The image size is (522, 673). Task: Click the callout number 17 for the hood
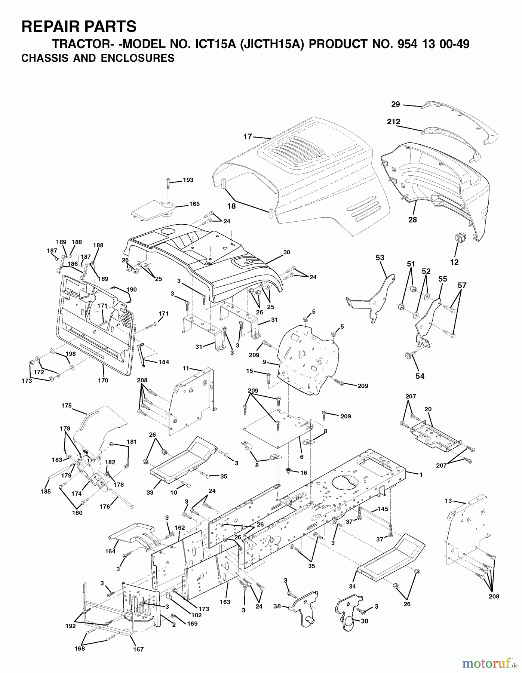coord(248,137)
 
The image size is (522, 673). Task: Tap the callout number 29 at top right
coord(396,104)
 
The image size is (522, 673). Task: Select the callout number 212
coord(394,122)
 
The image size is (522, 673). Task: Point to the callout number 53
coord(380,258)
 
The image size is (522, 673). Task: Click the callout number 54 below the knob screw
coord(420,376)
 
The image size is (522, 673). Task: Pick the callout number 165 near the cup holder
coord(194,204)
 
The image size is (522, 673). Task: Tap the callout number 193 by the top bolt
coord(188,180)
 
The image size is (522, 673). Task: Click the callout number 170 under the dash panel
coord(103,380)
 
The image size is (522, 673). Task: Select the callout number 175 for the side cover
coord(66,405)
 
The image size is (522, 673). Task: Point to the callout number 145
coord(383,509)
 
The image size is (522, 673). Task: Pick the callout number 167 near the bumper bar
coord(138,660)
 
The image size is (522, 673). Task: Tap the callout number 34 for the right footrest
coord(352,586)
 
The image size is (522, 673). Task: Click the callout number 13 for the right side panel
coord(448,501)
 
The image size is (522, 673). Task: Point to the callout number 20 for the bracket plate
coord(428,409)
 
